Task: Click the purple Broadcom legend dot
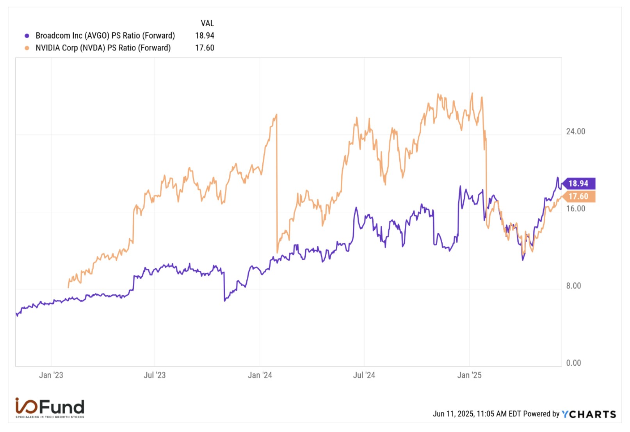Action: pyautogui.click(x=27, y=36)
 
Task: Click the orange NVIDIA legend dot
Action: pyautogui.click(x=27, y=48)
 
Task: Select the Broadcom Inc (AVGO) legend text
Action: pyautogui.click(x=105, y=36)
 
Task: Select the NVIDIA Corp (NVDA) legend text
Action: pyautogui.click(x=103, y=48)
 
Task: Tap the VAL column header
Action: pyautogui.click(x=207, y=23)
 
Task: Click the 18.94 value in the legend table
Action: pyautogui.click(x=205, y=36)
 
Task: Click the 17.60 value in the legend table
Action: pyautogui.click(x=205, y=48)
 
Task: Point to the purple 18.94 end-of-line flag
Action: pyautogui.click(x=579, y=184)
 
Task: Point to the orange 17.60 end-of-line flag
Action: pyautogui.click(x=579, y=196)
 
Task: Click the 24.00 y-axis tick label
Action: pyautogui.click(x=575, y=132)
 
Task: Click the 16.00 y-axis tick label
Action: pyautogui.click(x=575, y=209)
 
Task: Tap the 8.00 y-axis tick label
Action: pyautogui.click(x=573, y=286)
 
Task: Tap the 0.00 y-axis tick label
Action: pyautogui.click(x=573, y=363)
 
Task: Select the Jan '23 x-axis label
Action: pyautogui.click(x=51, y=375)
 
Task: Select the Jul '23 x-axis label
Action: pyautogui.click(x=155, y=375)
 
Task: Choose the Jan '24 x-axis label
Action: pyautogui.click(x=260, y=375)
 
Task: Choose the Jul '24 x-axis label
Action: pyautogui.click(x=364, y=375)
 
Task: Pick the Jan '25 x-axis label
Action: pyautogui.click(x=470, y=375)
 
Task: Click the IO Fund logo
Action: pyautogui.click(x=50, y=407)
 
